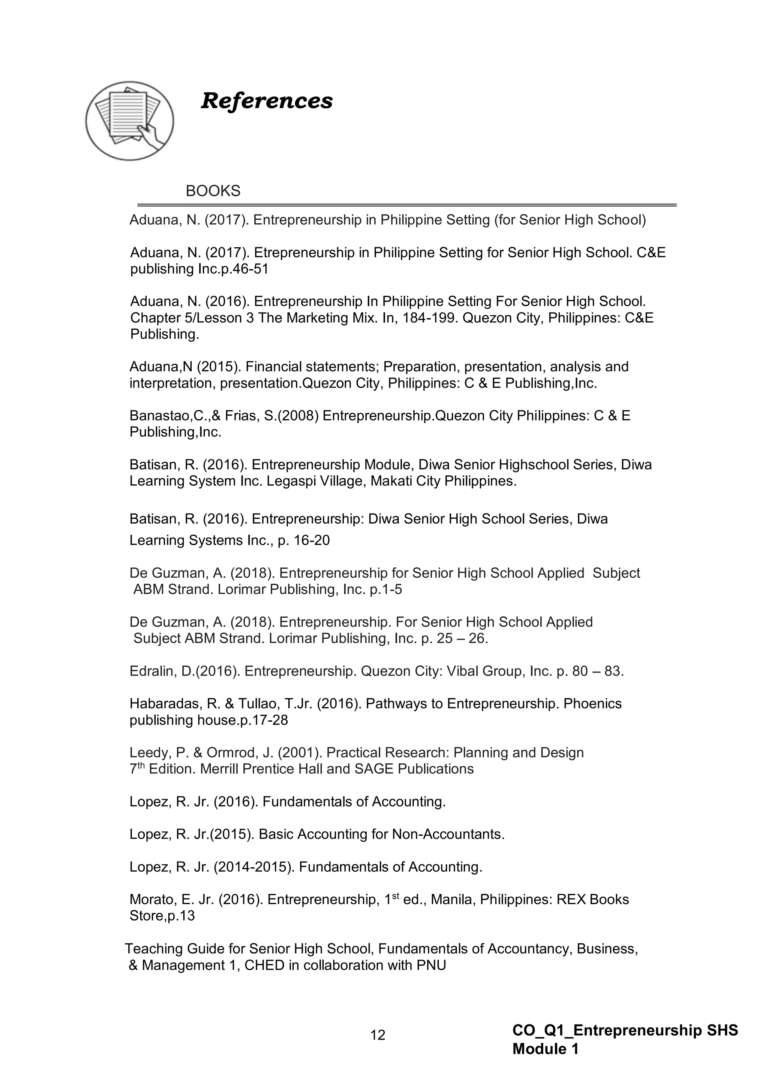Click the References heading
[267, 101]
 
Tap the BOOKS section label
[213, 191]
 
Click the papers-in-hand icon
[130, 121]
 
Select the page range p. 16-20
[304, 540]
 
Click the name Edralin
[152, 671]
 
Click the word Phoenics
[592, 704]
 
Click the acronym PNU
[431, 965]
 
